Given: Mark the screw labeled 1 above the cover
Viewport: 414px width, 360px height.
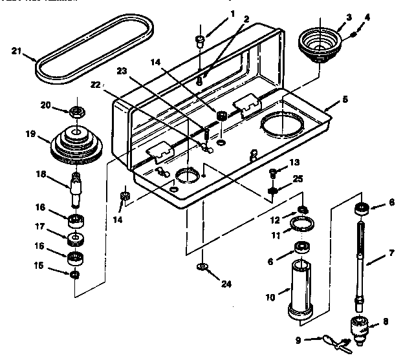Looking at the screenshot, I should tap(201, 42).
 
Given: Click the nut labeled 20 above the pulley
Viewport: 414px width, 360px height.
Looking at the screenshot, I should tap(76, 111).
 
